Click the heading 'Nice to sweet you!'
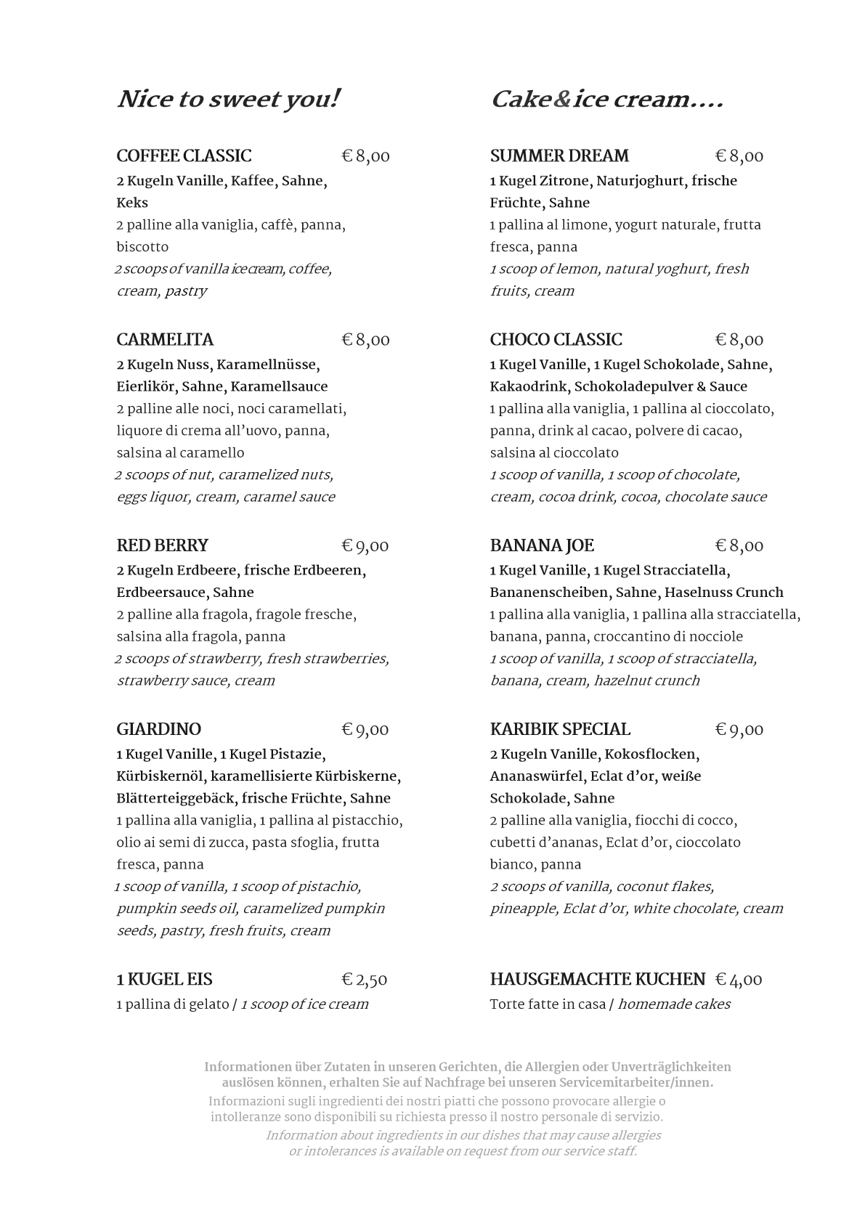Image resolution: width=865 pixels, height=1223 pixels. (x=228, y=99)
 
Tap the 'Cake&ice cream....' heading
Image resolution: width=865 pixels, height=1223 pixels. (x=606, y=99)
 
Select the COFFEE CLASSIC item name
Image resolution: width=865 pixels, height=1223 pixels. (x=184, y=156)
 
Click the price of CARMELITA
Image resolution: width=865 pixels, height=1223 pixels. (x=365, y=340)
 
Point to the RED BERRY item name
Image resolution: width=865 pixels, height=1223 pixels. (x=162, y=545)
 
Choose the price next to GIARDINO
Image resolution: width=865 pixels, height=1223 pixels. (x=365, y=729)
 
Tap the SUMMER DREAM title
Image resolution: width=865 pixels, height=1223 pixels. (x=559, y=156)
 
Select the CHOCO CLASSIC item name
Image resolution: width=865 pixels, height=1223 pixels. (x=556, y=340)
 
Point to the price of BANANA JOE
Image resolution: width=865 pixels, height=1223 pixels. (x=739, y=545)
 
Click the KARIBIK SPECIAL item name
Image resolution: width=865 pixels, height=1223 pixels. (x=560, y=729)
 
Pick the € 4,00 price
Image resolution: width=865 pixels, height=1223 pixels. (x=739, y=980)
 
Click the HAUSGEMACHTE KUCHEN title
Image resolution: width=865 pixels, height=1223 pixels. (x=597, y=980)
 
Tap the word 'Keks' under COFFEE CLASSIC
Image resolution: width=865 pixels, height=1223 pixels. (x=132, y=203)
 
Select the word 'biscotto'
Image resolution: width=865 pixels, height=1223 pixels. (x=142, y=247)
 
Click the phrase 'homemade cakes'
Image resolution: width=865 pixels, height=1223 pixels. (x=674, y=1004)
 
